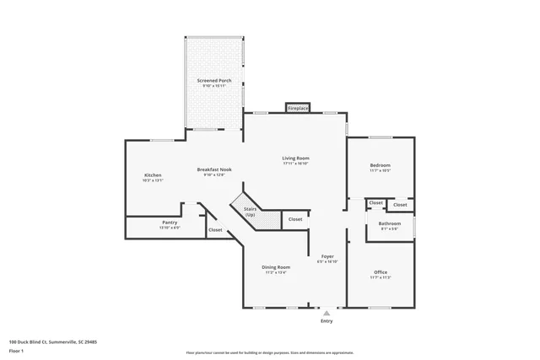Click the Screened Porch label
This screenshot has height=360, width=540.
click(x=214, y=80)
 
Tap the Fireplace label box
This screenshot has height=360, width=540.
click(x=298, y=108)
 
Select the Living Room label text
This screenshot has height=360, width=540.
click(x=295, y=158)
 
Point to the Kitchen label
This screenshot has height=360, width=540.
click(x=153, y=175)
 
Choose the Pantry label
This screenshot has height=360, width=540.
click(x=170, y=223)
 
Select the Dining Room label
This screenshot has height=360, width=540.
click(x=277, y=267)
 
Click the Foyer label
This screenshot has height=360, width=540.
click(x=327, y=256)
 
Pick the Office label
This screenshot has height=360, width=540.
click(x=381, y=272)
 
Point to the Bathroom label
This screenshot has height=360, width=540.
click(x=390, y=223)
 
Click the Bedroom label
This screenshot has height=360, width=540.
click(x=381, y=165)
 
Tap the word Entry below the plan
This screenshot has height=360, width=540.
click(x=327, y=321)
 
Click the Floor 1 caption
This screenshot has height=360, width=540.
click(x=17, y=351)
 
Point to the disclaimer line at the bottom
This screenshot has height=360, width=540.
click(x=270, y=352)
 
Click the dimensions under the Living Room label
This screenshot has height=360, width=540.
click(x=295, y=164)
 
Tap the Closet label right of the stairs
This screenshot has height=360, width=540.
click(x=294, y=219)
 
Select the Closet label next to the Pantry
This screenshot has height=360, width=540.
click(x=215, y=229)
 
